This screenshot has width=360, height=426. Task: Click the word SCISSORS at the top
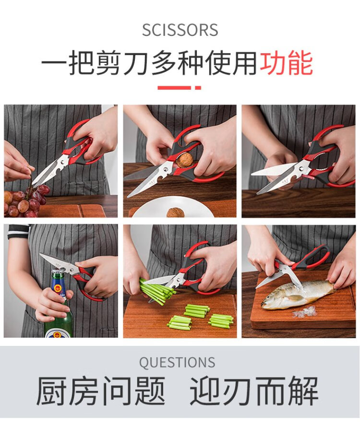pos(180,30)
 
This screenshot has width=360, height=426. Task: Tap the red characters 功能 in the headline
pos(286,64)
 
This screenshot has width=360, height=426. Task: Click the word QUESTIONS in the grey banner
pos(177,362)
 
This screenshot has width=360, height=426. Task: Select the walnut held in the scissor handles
pos(184,159)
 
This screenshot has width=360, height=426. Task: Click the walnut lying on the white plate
pos(175,213)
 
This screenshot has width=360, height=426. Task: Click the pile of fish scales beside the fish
pos(305,312)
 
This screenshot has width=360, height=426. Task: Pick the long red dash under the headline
pos(174,87)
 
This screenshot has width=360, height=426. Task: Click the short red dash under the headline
pos(198,87)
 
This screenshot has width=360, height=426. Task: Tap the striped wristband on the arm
pos(18,231)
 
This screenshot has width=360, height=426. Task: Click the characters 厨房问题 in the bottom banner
pos(101,391)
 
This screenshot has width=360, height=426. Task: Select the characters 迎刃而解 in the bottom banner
pos(254,391)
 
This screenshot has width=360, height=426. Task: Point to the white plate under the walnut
pos(174,207)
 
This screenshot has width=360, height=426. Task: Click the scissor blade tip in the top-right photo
pos(252,173)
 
